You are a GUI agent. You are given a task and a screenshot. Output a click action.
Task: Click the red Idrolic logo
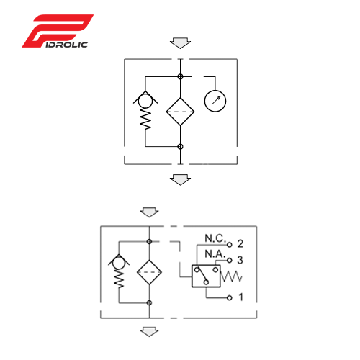click(58, 31)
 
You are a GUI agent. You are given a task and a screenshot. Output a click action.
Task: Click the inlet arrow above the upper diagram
click(180, 43)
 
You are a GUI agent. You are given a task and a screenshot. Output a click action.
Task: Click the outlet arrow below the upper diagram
click(180, 180)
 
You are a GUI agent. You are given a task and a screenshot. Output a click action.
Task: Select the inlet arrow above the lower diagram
click(149, 212)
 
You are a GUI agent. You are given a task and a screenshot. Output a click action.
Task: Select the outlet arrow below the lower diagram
click(149, 332)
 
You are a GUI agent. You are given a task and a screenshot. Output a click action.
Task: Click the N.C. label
click(215, 238)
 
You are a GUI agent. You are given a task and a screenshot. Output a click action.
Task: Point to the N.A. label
click(215, 254)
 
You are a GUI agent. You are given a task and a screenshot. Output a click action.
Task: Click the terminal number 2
click(240, 244)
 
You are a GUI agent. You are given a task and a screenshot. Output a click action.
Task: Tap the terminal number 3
click(240, 260)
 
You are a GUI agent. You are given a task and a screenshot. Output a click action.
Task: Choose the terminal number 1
click(241, 297)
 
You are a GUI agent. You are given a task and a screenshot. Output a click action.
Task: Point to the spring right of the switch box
click(231, 276)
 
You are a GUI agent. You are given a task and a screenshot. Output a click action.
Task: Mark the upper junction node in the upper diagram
click(180, 76)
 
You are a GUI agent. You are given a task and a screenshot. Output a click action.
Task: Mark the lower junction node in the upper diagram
click(180, 146)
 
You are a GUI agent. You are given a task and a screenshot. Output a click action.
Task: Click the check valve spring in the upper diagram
click(145, 119)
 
